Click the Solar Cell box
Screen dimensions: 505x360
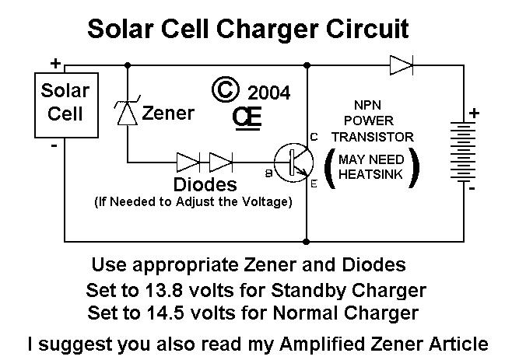click(x=65, y=103)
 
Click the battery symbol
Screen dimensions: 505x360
click(x=465, y=152)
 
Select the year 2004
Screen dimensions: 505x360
click(x=268, y=93)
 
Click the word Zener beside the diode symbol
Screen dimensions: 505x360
click(x=168, y=114)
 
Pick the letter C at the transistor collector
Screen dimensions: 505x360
click(x=314, y=138)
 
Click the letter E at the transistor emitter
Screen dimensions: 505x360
click(x=314, y=185)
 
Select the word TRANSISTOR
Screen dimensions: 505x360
click(x=372, y=137)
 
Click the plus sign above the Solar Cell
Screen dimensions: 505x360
click(x=55, y=63)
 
